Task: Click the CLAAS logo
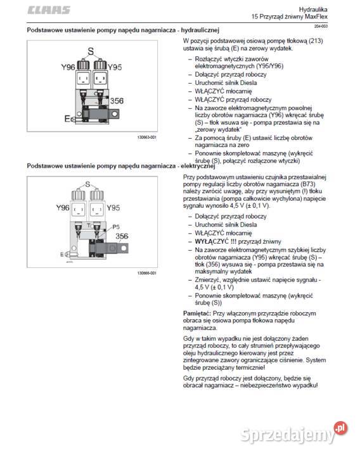49,10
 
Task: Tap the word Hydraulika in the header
313,9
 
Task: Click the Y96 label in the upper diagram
68,67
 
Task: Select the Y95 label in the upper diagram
115,67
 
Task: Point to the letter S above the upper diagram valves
91,51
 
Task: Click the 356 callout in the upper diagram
117,101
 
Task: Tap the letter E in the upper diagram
67,118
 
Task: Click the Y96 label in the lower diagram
63,208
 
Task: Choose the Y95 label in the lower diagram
113,208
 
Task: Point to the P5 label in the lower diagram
116,227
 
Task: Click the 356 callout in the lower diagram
122,236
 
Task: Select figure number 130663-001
147,137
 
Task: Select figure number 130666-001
147,273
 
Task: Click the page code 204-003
321,26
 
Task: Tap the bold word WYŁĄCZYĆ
212,241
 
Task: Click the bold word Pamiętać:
197,313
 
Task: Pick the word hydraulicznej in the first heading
200,30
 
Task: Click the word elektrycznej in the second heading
198,166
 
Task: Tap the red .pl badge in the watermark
341,428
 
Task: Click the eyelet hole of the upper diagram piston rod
115,114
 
